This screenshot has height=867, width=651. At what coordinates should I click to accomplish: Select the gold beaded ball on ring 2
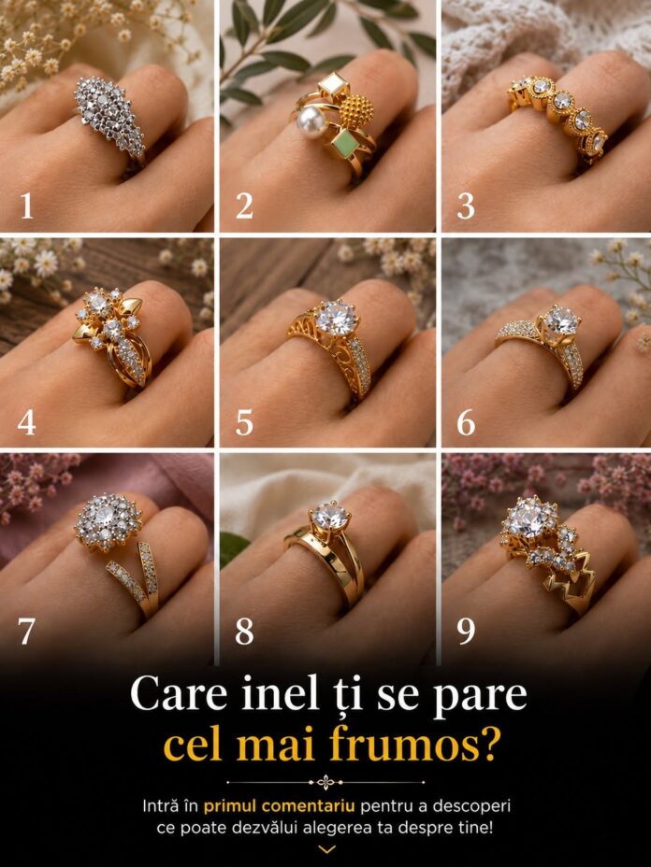tap(355, 110)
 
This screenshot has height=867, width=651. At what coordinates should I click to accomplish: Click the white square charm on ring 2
tap(333, 85)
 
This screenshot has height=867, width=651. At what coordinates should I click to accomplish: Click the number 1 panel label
tap(26, 206)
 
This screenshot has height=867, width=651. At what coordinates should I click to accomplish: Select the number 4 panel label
tap(26, 423)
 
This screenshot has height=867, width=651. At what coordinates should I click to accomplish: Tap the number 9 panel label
tap(466, 631)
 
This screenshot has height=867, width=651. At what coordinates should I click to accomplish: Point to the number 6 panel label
tap(466, 423)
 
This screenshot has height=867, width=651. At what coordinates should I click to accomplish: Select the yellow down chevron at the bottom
tap(326, 848)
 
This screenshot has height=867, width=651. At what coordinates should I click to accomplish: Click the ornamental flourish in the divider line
tap(325, 782)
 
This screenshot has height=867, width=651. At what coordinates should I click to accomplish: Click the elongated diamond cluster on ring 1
tap(109, 116)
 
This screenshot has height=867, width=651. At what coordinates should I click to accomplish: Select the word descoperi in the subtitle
tap(471, 806)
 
